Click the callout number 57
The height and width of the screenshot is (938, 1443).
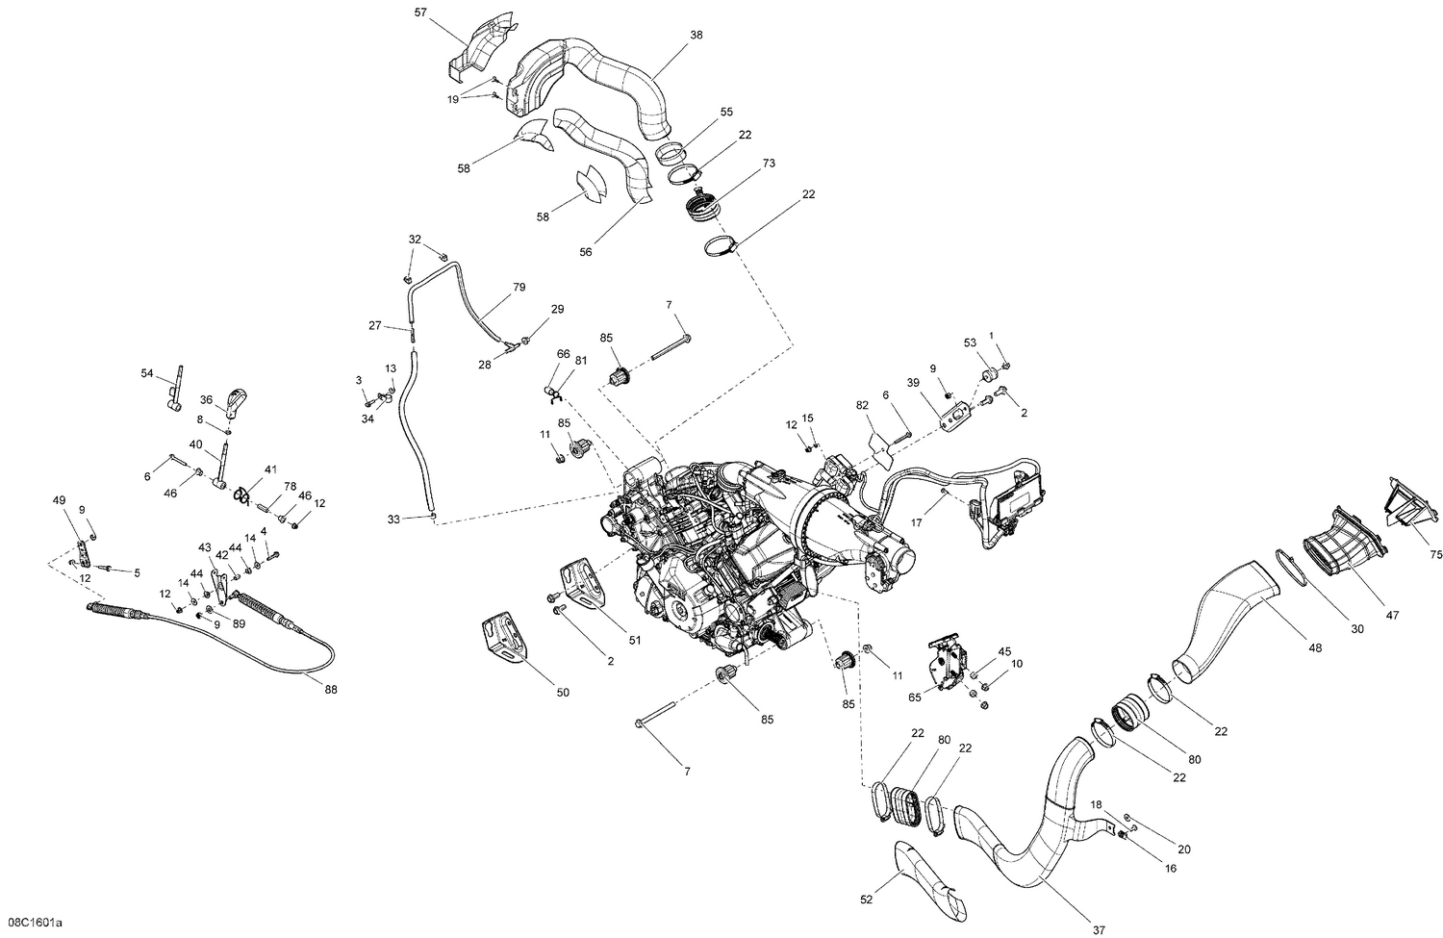coord(419,13)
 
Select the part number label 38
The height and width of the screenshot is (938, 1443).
coord(696,36)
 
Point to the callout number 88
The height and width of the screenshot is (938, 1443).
coord(331,689)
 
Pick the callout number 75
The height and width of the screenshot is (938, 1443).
coord(1435,554)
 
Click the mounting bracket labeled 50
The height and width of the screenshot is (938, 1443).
coord(504,640)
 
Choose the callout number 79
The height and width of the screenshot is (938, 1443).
coord(519,288)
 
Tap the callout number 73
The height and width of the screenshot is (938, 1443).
coord(768,164)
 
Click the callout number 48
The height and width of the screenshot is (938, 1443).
coord(1315,647)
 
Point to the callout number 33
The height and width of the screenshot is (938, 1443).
coord(393,520)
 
